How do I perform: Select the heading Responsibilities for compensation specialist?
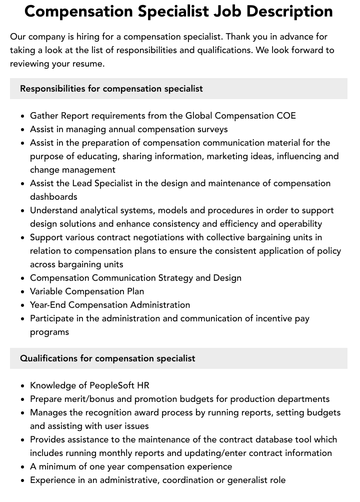click(111, 89)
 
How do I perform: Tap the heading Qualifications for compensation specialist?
click(107, 358)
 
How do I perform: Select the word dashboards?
click(53, 197)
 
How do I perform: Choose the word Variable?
click(47, 291)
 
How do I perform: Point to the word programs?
click(49, 332)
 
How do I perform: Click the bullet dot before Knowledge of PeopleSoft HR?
click(23, 386)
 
